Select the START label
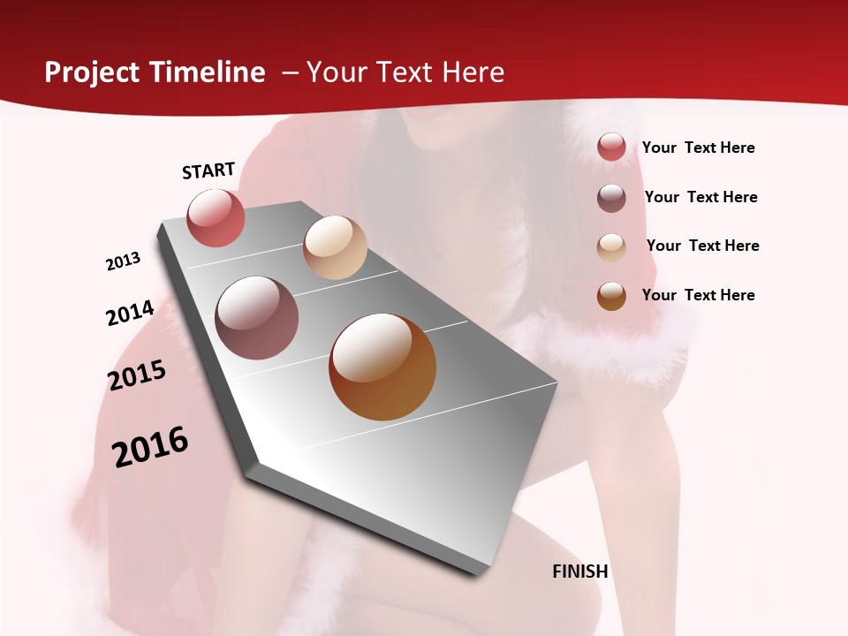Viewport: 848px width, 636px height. coord(208,170)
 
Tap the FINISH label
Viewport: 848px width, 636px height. coord(580,572)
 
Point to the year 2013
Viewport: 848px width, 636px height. coord(124,261)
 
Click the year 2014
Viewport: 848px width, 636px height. coord(131,313)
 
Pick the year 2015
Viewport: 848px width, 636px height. coord(137,375)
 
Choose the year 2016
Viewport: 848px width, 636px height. coord(150,447)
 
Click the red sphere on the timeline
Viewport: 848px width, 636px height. coord(216,217)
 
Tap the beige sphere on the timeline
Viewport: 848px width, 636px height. coord(335,247)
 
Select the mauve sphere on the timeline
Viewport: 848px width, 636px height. coord(257,318)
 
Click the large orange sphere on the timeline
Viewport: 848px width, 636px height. coord(382,367)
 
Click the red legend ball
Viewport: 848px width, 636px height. coord(611,148)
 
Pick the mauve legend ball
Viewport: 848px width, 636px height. coord(611,197)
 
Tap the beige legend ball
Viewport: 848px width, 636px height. coord(611,246)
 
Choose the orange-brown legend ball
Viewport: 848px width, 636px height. coord(611,296)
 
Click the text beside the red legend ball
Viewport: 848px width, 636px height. coord(699,148)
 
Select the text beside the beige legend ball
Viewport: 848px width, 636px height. coord(703,246)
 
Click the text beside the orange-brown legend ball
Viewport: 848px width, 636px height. coord(699,295)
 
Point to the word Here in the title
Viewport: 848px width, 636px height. coord(473,72)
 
